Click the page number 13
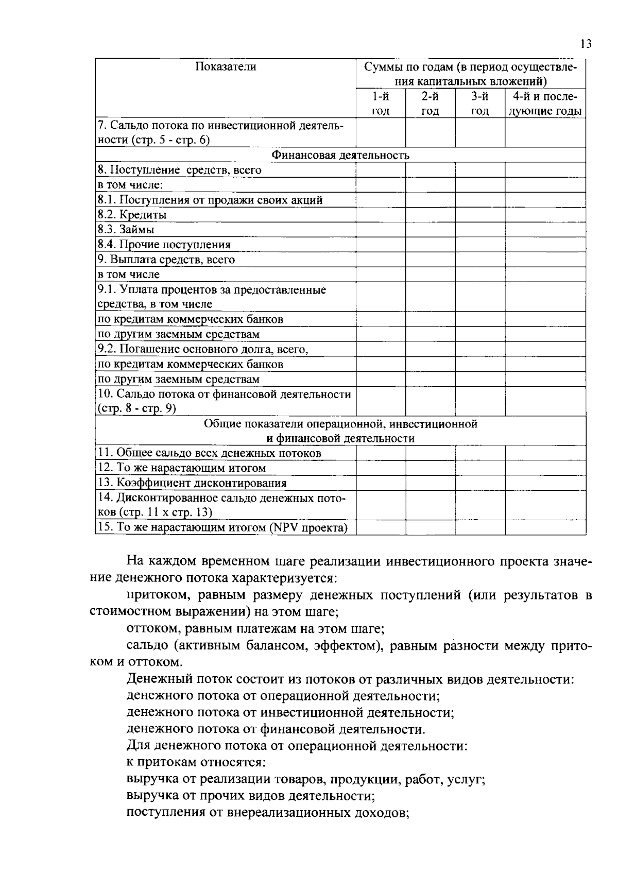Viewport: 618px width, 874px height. click(586, 44)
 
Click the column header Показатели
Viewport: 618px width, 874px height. click(226, 66)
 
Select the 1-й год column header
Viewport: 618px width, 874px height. click(381, 104)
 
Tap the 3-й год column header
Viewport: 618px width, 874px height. click(479, 104)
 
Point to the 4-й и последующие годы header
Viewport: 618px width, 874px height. click(545, 104)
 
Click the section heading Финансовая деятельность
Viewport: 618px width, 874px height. click(340, 155)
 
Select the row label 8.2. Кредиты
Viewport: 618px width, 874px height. click(132, 215)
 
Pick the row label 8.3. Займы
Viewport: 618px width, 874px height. click(126, 230)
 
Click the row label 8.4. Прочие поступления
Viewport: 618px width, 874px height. click(164, 245)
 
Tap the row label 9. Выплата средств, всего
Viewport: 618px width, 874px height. click(166, 260)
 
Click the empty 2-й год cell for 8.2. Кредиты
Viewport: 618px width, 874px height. click(430, 215)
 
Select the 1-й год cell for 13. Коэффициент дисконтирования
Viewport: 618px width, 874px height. click(381, 483)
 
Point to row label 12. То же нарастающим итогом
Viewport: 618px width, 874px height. click(182, 468)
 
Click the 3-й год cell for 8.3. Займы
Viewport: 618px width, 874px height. click(479, 230)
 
